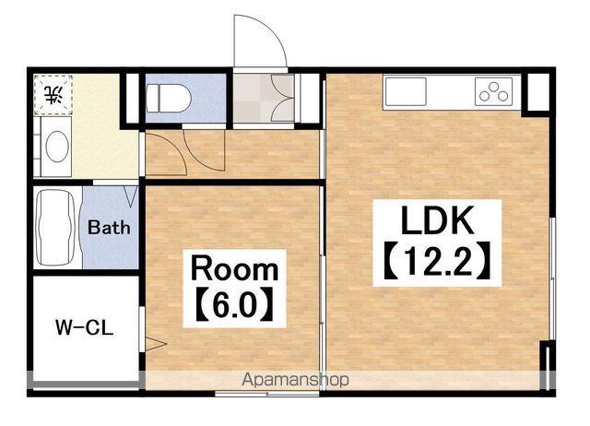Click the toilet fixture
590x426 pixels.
click(x=168, y=99)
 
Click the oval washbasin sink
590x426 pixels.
click(x=57, y=147)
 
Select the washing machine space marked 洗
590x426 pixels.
click(x=53, y=95)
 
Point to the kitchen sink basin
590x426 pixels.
click(x=406, y=91)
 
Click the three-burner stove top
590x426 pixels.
click(x=494, y=91)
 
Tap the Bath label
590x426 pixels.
click(x=109, y=228)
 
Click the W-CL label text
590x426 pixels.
click(x=84, y=327)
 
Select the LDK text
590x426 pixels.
click(x=437, y=220)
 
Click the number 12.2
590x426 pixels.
click(x=437, y=260)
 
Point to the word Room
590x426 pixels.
click(x=235, y=268)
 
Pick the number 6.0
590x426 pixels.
click(x=235, y=303)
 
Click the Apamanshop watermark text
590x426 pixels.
click(x=295, y=380)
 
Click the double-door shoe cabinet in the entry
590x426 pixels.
click(x=282, y=99)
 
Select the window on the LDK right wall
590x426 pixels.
click(x=552, y=279)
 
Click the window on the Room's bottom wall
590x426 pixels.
click(x=266, y=394)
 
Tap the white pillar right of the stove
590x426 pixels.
click(x=538, y=92)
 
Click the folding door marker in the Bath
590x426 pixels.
click(x=131, y=195)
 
